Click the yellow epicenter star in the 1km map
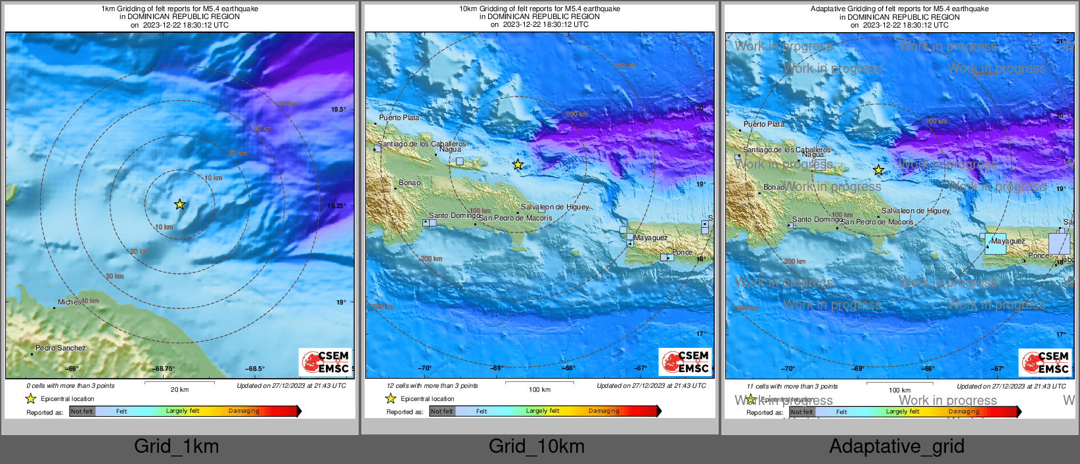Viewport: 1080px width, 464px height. click(179, 204)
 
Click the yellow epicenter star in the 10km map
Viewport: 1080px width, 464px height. click(518, 164)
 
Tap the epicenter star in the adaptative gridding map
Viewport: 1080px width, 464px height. click(878, 170)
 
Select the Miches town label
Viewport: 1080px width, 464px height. click(69, 302)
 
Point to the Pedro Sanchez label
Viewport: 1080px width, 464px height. click(60, 348)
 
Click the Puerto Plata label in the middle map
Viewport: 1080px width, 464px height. click(399, 117)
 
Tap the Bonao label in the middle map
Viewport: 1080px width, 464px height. click(409, 182)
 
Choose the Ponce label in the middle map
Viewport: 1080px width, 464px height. click(682, 252)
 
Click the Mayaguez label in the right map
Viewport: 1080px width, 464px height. click(1008, 241)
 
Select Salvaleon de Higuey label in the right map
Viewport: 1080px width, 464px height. click(915, 211)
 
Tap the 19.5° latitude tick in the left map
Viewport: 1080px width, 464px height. click(338, 110)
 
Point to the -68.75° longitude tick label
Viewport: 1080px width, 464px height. click(164, 369)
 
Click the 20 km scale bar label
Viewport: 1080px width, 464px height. click(179, 389)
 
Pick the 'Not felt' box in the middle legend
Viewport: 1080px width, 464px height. click(441, 411)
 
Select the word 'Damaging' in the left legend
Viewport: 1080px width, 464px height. click(244, 411)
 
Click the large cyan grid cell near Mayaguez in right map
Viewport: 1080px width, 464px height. click(996, 243)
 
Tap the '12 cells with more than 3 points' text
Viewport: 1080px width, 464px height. click(432, 386)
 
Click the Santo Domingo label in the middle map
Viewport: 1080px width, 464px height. click(454, 215)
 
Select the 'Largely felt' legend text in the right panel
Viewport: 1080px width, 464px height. click(902, 411)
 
